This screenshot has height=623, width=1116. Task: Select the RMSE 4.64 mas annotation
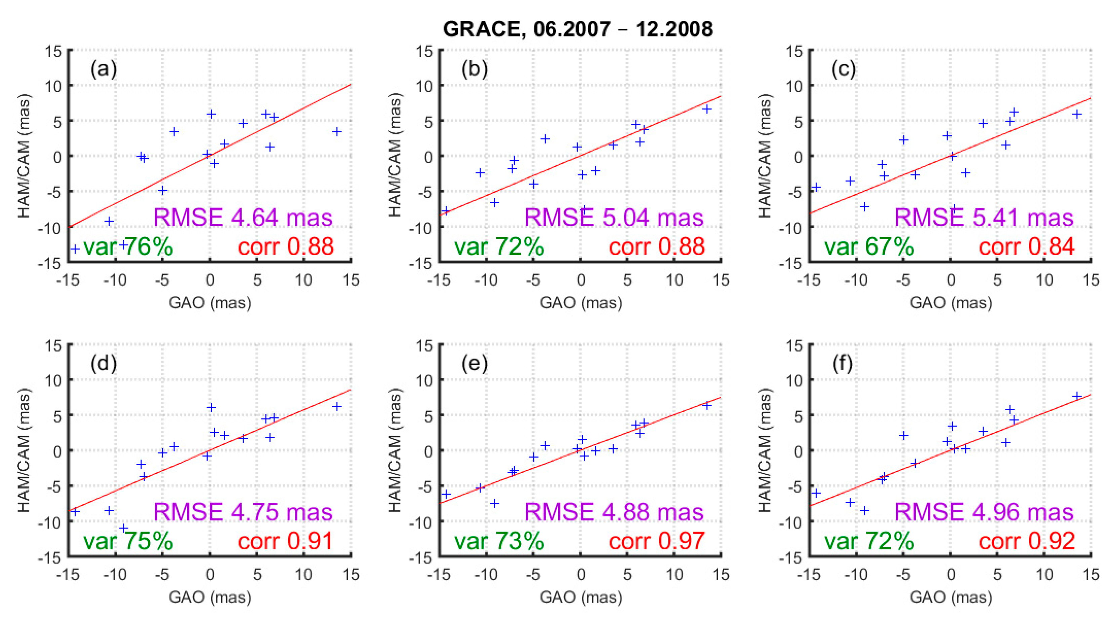[x=243, y=217]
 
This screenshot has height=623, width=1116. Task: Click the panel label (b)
[x=474, y=69]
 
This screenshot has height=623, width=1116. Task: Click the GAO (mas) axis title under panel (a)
[x=210, y=302]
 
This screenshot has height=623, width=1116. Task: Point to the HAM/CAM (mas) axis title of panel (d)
[x=24, y=451]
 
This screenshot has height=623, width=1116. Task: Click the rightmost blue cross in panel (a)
[x=337, y=132]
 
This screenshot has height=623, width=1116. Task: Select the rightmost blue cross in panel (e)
[x=707, y=406]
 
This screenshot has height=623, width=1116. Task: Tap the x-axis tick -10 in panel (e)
[x=486, y=575]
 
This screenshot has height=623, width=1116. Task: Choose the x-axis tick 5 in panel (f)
[x=997, y=575]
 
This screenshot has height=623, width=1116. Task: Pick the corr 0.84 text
[x=1026, y=247]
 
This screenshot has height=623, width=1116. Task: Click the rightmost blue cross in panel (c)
[x=1077, y=114]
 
